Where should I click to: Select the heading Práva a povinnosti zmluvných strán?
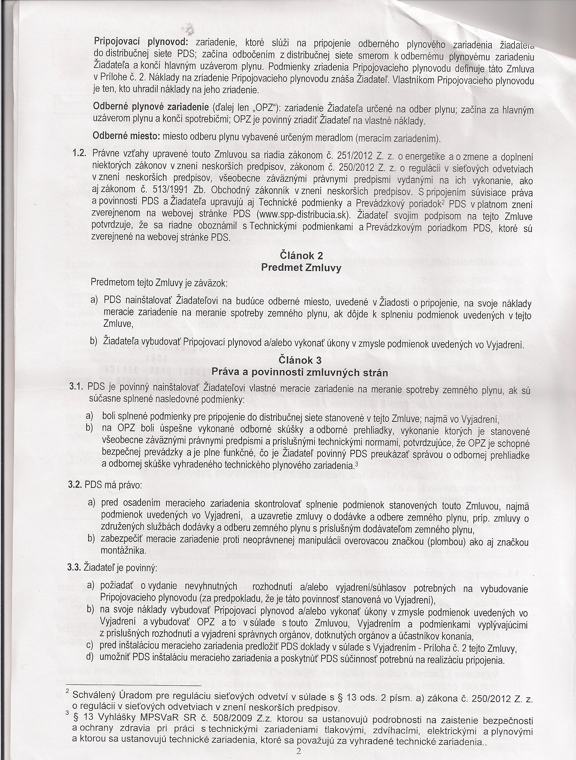[300, 373]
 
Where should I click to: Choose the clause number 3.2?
[76, 485]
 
